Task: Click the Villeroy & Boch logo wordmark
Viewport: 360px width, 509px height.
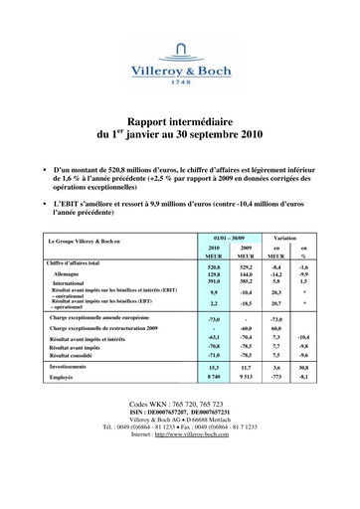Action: pyautogui.click(x=181, y=70)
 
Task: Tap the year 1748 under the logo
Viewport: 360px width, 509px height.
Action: pyautogui.click(x=181, y=84)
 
